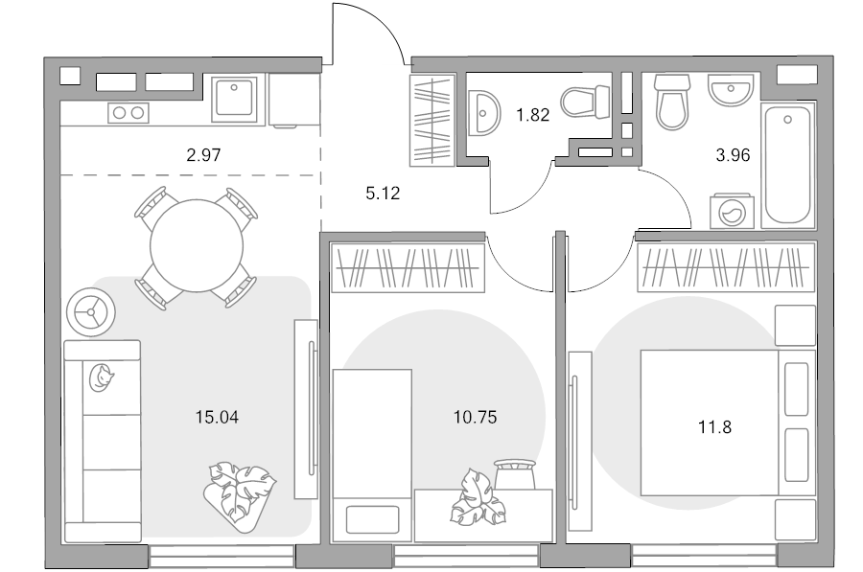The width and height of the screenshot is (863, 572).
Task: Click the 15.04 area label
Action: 217,417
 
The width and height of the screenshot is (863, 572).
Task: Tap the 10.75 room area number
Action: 475,417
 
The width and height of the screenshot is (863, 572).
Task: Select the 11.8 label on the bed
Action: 715,426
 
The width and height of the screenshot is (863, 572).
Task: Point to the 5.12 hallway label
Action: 383,193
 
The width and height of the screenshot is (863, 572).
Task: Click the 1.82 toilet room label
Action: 533,115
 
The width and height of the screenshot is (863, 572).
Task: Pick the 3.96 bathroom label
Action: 734,155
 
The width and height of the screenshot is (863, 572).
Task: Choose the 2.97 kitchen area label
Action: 203,155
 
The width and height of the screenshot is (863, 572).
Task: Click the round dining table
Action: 197,246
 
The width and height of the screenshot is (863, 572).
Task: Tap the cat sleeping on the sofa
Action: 101,378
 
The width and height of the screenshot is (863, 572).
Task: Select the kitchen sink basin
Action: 235,98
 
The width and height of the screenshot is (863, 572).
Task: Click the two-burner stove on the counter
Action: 128,113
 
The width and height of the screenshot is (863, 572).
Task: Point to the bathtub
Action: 788,165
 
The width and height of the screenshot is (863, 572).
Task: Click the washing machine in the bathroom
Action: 732,211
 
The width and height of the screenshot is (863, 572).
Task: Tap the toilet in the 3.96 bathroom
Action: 672,103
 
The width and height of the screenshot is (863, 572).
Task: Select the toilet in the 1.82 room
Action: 586,102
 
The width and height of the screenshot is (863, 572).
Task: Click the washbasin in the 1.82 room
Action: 484,113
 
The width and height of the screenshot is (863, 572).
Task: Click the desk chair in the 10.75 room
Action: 515,474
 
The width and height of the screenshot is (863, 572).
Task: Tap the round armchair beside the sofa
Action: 91,312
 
